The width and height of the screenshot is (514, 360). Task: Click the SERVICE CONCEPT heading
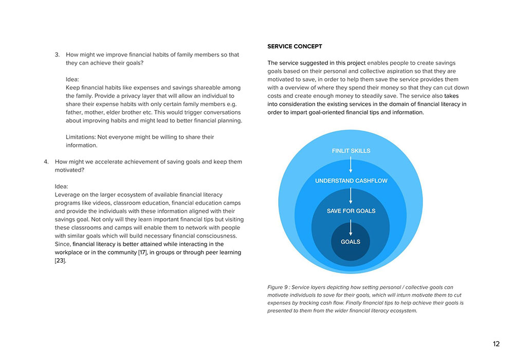click(295, 46)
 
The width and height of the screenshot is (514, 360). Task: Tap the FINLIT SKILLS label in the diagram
click(351, 151)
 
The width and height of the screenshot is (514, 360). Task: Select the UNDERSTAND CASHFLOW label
click(351, 181)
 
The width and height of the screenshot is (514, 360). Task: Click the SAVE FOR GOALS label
click(351, 211)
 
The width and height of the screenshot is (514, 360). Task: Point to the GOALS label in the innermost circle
click(351, 242)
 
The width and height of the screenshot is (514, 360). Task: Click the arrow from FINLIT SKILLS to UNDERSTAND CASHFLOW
click(351, 165)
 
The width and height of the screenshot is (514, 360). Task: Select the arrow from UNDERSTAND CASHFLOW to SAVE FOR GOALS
click(351, 195)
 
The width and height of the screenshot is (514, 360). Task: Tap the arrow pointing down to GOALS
click(351, 226)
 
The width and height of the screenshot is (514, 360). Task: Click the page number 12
click(496, 344)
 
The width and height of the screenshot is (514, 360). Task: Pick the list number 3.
click(57, 55)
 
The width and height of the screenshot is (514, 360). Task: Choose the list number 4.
click(46, 161)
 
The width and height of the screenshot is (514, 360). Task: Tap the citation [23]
click(60, 261)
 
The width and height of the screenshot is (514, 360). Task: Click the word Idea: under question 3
click(72, 79)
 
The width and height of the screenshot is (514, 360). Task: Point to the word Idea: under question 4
click(61, 186)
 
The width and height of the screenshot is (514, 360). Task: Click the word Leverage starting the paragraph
click(67, 195)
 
